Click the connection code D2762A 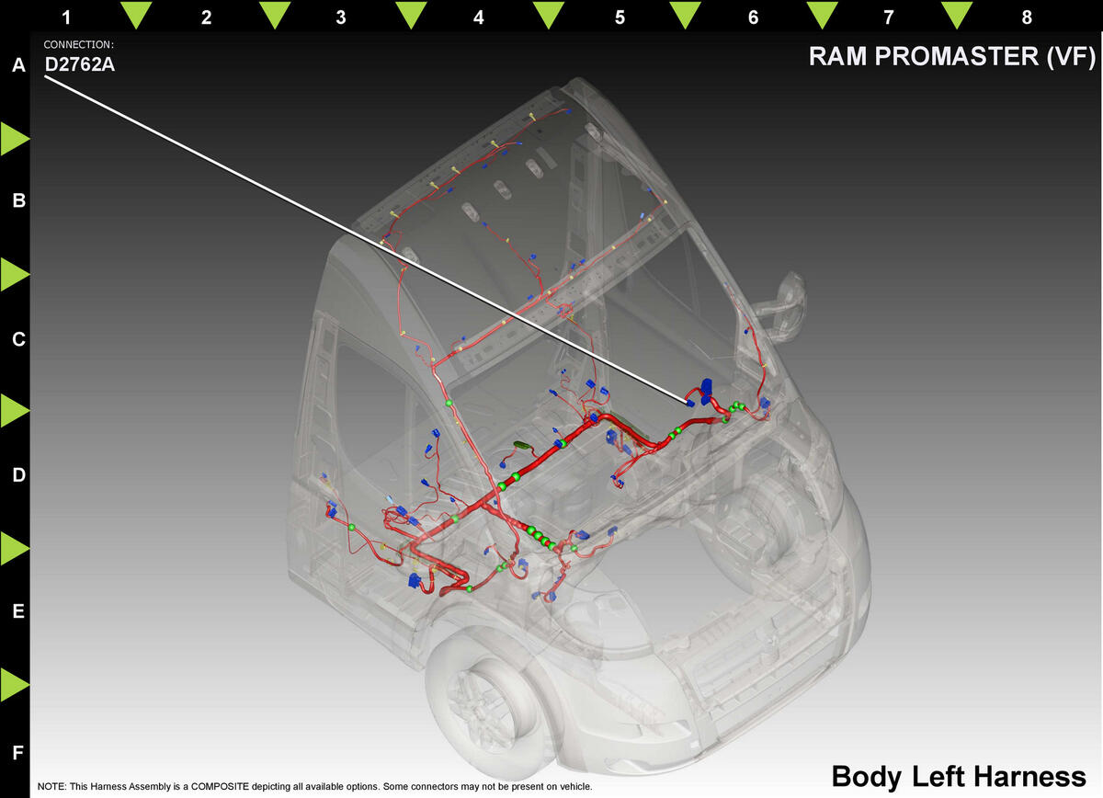(79, 64)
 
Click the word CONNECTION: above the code (78, 44)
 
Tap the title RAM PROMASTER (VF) (952, 56)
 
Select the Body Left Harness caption (959, 777)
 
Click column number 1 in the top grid (66, 17)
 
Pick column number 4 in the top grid (478, 17)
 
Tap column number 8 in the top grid (1026, 17)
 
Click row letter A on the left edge (18, 65)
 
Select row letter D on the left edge (18, 475)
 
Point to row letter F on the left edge (18, 753)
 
